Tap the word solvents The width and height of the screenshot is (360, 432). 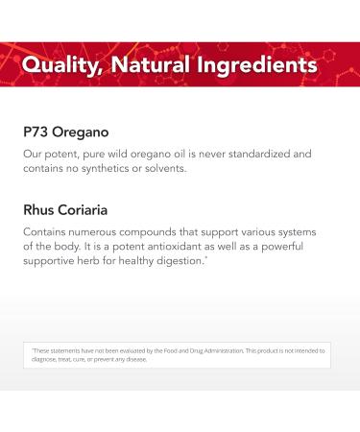pyautogui.click(x=208, y=169)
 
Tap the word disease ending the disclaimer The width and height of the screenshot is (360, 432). pyautogui.click(x=134, y=360)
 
